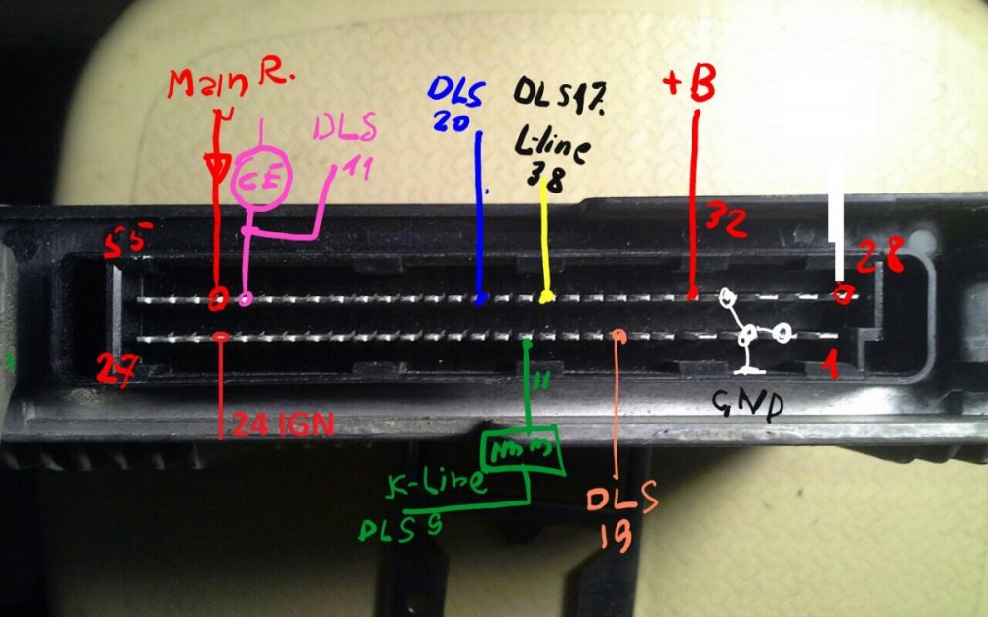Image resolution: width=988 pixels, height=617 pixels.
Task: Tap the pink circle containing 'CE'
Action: tap(260, 181)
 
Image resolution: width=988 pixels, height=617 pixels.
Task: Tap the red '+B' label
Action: tap(690, 87)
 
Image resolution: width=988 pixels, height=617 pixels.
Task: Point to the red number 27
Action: tap(118, 368)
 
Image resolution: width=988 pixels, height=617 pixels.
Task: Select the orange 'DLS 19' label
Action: tap(619, 517)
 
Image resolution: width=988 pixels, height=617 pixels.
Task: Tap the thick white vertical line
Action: tap(838, 237)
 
